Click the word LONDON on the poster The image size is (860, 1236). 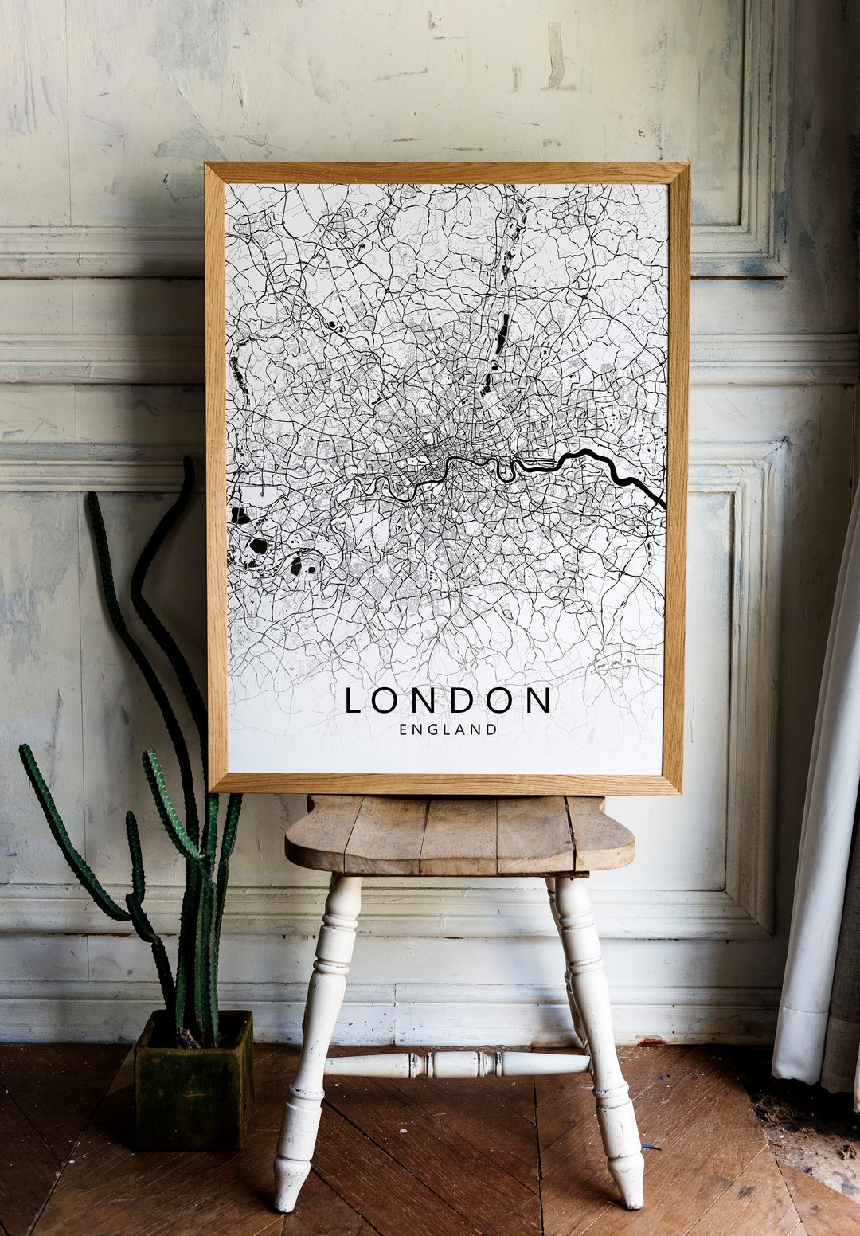click(x=448, y=701)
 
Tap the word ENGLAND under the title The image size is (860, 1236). click(x=448, y=729)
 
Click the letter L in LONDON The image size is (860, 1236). click(x=353, y=701)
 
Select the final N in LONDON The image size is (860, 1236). click(x=539, y=701)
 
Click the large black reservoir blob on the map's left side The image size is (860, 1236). click(x=257, y=546)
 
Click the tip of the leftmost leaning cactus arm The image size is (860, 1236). click(x=25, y=750)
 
